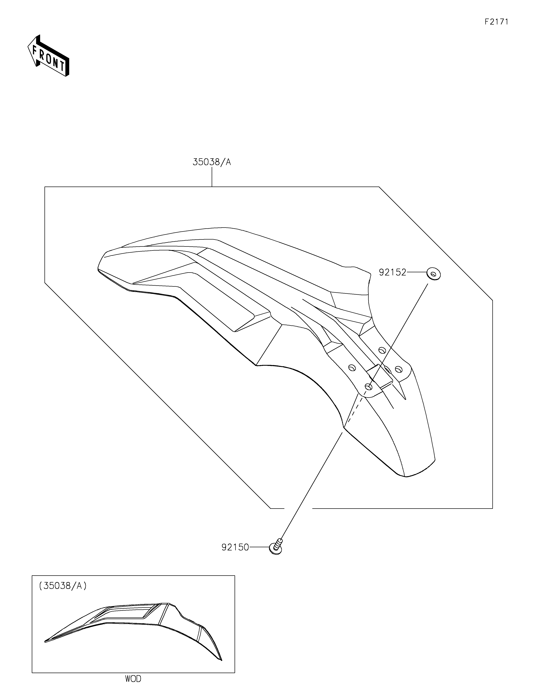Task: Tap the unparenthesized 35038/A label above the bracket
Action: tap(212, 162)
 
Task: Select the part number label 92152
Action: tap(392, 272)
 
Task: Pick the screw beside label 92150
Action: tap(276, 548)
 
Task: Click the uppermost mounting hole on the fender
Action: tap(382, 350)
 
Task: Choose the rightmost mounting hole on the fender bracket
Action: tap(399, 369)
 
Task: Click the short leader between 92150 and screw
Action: tap(259, 547)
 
